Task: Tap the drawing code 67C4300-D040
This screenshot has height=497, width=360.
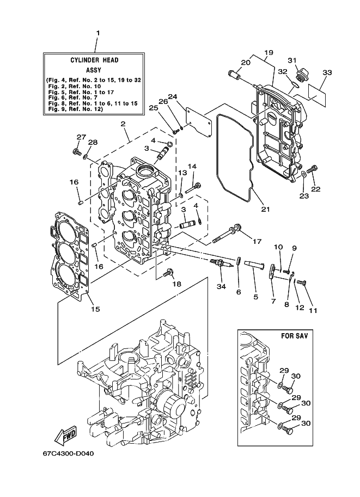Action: (x=68, y=453)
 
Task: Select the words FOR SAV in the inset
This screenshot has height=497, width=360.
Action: (x=294, y=336)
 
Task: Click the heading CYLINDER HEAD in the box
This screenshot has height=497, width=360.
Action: (x=95, y=60)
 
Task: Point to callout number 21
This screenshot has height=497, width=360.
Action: (x=265, y=209)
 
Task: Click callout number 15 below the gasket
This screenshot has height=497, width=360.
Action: (x=95, y=309)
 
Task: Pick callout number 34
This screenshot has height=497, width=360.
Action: (x=221, y=286)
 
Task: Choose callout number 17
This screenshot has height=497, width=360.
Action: (x=257, y=242)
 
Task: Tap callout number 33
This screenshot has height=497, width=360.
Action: (x=327, y=72)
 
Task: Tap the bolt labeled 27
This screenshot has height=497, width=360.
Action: (x=76, y=151)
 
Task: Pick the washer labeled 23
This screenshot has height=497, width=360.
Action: (x=303, y=174)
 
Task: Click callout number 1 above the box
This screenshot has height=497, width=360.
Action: (x=98, y=33)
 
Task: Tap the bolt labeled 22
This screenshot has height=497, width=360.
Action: (x=313, y=169)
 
